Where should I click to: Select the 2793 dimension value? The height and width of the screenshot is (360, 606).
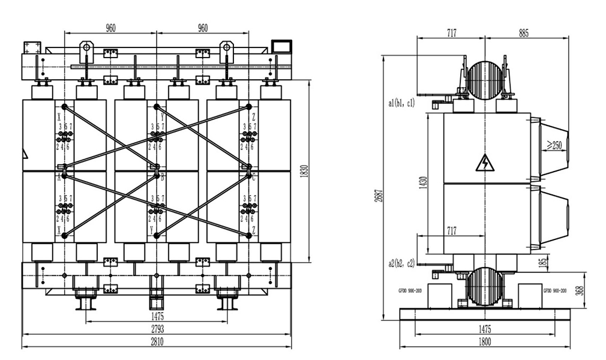(x=156, y=329)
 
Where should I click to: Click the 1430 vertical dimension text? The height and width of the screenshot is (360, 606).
(x=423, y=184)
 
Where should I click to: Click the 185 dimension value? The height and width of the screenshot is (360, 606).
(x=543, y=262)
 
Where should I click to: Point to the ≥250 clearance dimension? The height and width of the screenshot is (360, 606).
(x=554, y=145)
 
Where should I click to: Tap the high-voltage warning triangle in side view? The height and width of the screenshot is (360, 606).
(x=483, y=163)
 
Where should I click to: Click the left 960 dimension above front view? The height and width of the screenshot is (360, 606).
(x=110, y=28)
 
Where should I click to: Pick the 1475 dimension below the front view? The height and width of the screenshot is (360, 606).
(x=156, y=316)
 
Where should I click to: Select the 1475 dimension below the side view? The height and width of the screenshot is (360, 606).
(x=484, y=329)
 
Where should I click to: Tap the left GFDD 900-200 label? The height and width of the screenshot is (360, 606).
(x=410, y=290)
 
